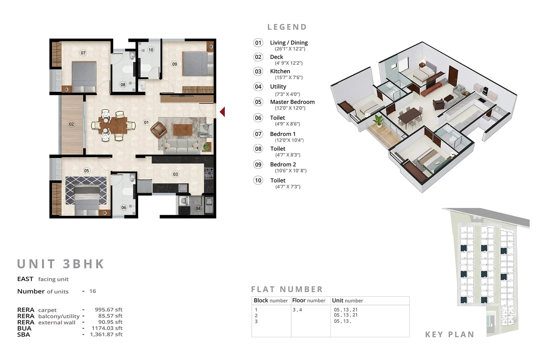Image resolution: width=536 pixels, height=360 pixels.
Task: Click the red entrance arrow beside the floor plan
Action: [x=222, y=112]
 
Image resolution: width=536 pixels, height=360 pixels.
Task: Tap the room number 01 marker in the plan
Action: [x=146, y=122]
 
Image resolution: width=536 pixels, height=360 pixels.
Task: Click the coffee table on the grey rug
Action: [x=183, y=130]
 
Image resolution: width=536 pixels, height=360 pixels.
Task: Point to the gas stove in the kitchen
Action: [x=209, y=173]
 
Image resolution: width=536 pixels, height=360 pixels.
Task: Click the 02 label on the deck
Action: [x=71, y=124]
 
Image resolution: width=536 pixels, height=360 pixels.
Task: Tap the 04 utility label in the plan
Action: [x=198, y=208]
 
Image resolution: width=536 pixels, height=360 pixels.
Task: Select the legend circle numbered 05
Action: [x=258, y=102]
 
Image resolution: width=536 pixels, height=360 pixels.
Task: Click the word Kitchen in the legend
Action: [x=280, y=71]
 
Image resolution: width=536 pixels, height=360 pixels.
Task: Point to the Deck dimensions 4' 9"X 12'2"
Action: [x=289, y=63]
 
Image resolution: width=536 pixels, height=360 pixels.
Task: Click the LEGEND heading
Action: [x=287, y=27]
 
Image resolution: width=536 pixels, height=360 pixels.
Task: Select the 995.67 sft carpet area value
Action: [x=109, y=309]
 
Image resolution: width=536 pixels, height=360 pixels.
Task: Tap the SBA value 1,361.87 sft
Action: [x=106, y=334]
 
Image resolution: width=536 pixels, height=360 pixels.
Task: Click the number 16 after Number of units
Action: [x=93, y=291]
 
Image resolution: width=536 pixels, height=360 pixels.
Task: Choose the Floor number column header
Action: [x=308, y=301]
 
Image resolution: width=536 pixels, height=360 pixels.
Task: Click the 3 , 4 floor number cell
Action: [x=297, y=310]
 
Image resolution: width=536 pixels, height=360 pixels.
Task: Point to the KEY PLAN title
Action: [x=450, y=334]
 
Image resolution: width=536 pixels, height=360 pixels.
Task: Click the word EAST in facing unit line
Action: [x=25, y=279]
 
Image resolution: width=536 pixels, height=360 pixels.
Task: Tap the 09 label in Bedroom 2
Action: [x=174, y=64]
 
